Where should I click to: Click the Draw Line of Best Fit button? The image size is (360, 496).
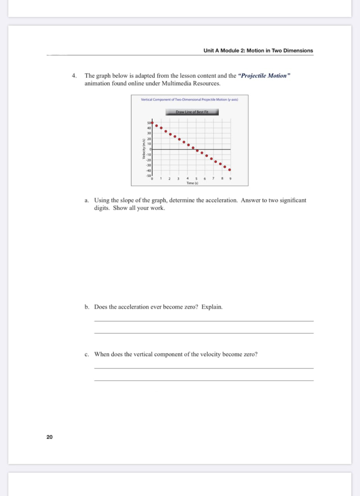(192, 112)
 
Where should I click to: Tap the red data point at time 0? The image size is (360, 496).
(152, 122)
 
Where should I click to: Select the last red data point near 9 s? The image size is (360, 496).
(229, 170)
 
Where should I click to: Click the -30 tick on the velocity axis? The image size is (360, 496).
(148, 165)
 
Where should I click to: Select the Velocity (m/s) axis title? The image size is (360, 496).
(144, 149)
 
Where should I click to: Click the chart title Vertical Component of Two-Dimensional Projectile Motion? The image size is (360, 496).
(189, 100)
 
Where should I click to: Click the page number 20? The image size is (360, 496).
(50, 437)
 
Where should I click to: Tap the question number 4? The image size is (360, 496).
(74, 76)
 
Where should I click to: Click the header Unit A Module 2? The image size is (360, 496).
(258, 51)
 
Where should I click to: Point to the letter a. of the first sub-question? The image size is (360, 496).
(87, 201)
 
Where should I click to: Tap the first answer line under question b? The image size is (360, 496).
(204, 321)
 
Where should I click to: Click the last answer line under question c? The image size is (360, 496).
(204, 381)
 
